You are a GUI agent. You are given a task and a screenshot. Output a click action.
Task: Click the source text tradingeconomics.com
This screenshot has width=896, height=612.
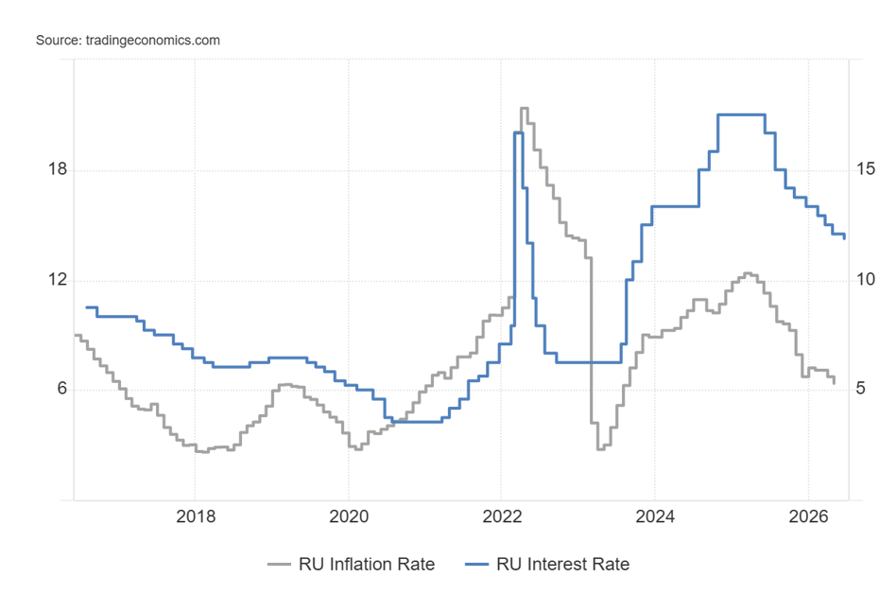coord(152,41)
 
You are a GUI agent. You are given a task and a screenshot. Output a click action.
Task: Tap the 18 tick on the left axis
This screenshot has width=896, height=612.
coord(58,169)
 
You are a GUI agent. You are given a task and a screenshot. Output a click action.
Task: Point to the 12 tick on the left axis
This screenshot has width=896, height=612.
coord(58,280)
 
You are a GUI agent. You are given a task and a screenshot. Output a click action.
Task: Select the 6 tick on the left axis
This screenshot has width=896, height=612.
coord(61,389)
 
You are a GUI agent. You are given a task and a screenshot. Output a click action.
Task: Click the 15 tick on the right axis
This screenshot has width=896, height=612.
coord(866,169)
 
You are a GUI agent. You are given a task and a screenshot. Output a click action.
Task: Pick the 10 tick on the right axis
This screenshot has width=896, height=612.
coord(866,280)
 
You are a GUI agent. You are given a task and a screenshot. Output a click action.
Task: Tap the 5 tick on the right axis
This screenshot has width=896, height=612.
coord(861,389)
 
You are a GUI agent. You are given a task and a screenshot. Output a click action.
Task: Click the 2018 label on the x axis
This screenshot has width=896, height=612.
coord(196,516)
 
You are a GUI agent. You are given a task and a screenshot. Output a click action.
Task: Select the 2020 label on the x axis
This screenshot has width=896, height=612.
coord(349,516)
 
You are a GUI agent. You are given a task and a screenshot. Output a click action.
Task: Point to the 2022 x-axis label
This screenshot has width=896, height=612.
coord(502,516)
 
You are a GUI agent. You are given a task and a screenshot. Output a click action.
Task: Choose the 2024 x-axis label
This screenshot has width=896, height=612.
coord(655,516)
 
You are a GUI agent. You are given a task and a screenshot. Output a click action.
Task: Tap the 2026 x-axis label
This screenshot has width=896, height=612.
coord(808,516)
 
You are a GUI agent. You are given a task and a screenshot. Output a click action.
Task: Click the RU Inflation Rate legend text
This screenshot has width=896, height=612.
coord(367,565)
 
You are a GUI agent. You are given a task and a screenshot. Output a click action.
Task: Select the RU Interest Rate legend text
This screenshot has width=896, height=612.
coord(563,565)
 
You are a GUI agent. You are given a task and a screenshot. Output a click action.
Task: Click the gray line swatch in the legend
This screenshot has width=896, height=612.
coord(279,565)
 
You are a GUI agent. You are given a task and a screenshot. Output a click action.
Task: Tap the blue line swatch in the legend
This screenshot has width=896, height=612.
coord(476,565)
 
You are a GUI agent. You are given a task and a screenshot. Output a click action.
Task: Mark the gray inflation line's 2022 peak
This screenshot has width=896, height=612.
coord(524,108)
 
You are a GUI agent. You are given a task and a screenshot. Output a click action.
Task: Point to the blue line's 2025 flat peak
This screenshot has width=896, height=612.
coord(741,115)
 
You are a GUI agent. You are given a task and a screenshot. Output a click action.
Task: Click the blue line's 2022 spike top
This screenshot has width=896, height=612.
coord(518,132)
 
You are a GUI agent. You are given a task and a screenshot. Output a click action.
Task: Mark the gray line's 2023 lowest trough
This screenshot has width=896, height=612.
coord(600,449)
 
